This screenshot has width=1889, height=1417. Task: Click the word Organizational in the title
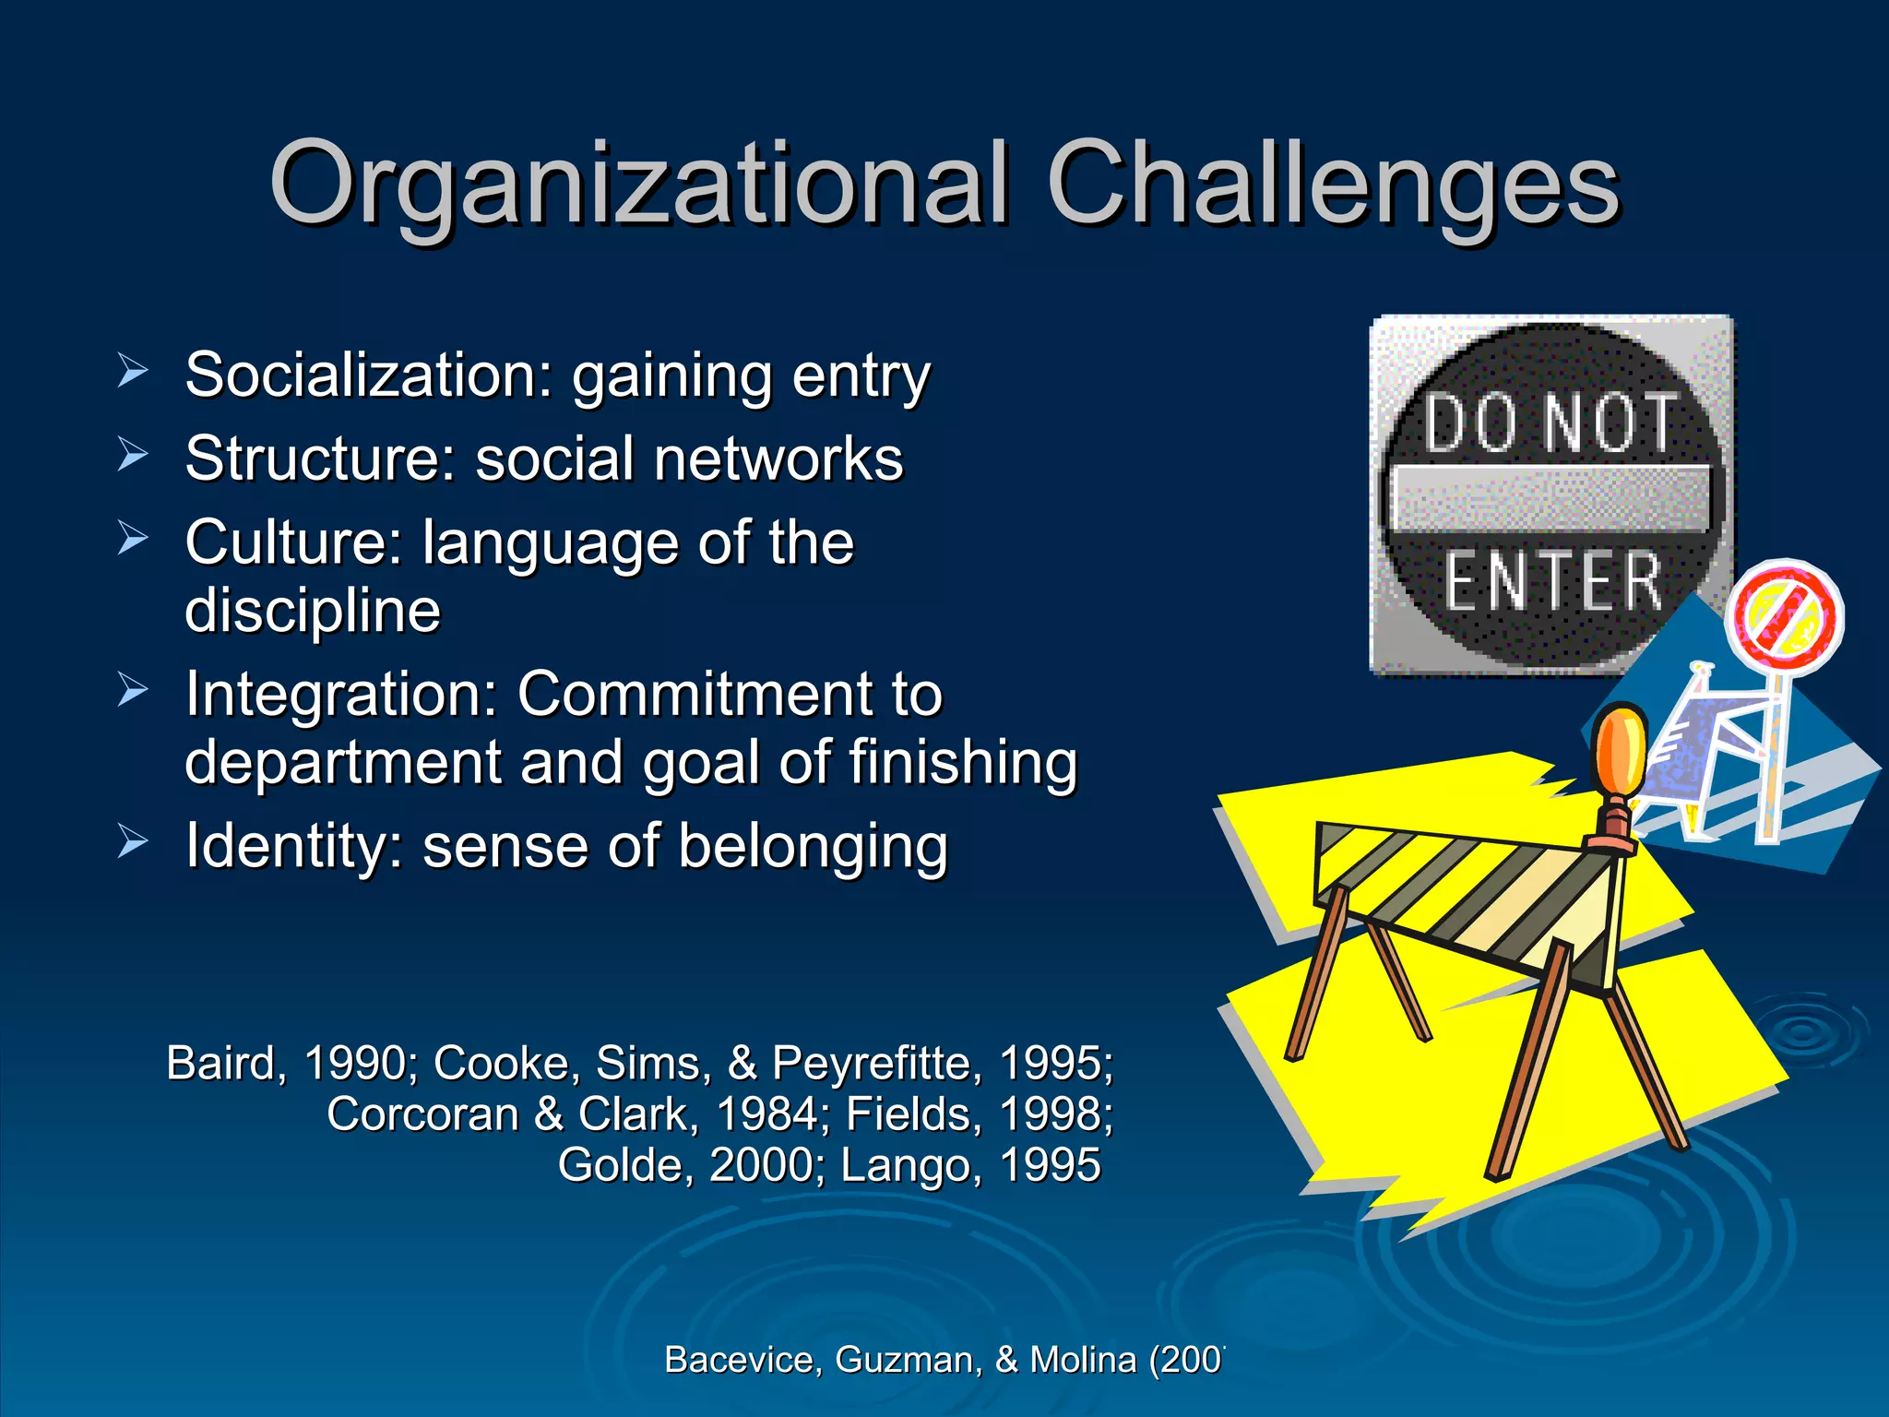coord(636,185)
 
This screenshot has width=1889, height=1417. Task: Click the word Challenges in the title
coord(1332,185)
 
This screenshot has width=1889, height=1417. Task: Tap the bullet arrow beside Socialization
coord(133,371)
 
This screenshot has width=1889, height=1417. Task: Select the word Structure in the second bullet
coord(319,458)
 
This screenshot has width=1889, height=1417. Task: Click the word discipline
coord(313,611)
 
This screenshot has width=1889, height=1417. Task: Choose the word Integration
coord(341,694)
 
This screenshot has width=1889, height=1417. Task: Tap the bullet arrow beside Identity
coord(133,841)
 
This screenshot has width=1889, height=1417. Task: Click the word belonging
coord(812,847)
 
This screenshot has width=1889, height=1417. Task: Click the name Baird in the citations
coord(221,1063)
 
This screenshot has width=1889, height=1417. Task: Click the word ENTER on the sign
coord(1553,582)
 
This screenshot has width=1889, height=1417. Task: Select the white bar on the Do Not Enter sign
coord(1550,498)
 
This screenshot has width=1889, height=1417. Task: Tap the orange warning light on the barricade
coord(1621,752)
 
